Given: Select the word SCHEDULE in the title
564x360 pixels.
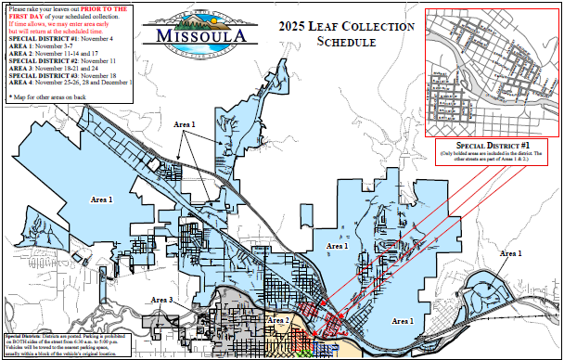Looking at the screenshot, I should [x=346, y=43].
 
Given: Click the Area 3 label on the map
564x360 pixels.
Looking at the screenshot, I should [x=162, y=301].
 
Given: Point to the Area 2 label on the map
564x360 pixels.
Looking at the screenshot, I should [x=278, y=320].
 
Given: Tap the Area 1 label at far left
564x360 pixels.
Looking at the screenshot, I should [x=101, y=199].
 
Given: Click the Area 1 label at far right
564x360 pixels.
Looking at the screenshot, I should [x=510, y=253].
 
